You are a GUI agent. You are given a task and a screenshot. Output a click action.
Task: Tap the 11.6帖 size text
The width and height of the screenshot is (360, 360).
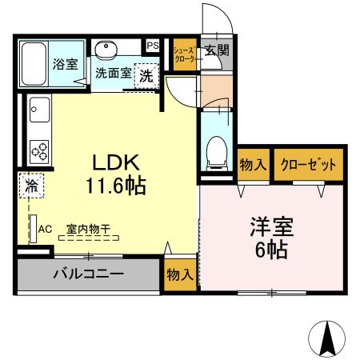coord(115,187)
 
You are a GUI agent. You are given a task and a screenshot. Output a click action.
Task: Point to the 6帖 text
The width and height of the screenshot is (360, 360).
coord(273,250)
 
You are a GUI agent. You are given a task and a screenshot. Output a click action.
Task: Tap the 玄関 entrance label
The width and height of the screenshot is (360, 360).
coord(215,50)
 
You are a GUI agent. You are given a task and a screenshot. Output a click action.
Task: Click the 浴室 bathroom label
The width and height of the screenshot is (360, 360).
coord(65,64)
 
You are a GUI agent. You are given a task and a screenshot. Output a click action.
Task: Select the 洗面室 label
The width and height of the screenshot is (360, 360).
coord(114,73)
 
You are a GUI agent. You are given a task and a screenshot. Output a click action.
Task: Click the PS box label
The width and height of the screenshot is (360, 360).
coord(153,46)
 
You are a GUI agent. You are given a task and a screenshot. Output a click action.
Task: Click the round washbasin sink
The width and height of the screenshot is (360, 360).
coord(106,50)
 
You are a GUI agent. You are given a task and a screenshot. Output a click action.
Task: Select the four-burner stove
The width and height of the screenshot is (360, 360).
coord(39,149)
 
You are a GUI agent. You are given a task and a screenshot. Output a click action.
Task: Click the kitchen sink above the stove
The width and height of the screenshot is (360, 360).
coord(38,110)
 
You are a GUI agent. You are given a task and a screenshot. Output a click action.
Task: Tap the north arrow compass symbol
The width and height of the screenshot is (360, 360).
coord(328,338)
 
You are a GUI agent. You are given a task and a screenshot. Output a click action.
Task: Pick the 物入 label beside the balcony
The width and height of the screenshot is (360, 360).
coord(180,274)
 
